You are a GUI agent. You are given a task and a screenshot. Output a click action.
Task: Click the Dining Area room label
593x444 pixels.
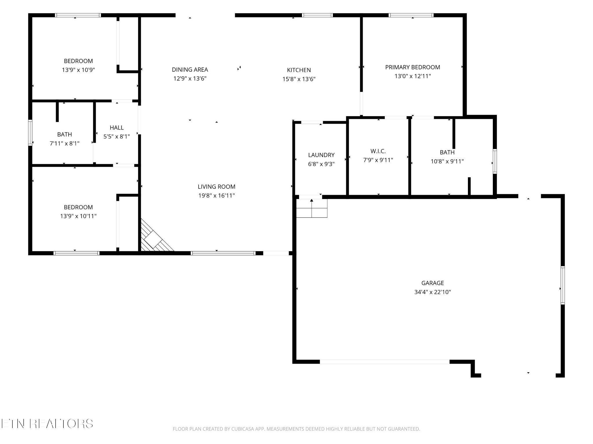tap(190, 70)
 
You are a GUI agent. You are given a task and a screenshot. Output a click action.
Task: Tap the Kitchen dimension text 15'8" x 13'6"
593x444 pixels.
tap(299, 79)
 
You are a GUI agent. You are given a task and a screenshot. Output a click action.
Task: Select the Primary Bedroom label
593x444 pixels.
tap(413, 67)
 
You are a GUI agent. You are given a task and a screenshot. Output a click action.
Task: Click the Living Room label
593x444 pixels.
tap(217, 187)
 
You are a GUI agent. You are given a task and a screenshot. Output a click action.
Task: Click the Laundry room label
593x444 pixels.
tap(321, 155)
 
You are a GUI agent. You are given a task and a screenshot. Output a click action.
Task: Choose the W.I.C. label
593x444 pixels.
tap(378, 151)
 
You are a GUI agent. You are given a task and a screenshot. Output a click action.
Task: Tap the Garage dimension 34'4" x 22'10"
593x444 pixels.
tap(433, 292)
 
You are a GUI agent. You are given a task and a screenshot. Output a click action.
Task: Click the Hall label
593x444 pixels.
tap(117, 128)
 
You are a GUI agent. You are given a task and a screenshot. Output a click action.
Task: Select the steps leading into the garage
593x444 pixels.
tap(312, 208)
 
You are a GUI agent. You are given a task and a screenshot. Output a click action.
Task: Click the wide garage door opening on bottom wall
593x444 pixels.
tap(385, 362)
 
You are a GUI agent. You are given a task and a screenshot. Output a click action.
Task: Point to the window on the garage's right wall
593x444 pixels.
tap(563, 285)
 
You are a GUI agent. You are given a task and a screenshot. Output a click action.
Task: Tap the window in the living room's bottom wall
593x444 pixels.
tap(223, 253)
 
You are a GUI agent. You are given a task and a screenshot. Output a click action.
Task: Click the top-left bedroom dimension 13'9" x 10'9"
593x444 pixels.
tap(78, 70)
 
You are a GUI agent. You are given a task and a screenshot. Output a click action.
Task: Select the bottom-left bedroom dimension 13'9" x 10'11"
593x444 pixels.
tap(78, 216)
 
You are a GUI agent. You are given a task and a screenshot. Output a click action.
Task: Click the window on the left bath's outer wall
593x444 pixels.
tap(30, 133)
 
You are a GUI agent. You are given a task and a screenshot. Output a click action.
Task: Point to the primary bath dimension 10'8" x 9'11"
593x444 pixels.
tap(447, 161)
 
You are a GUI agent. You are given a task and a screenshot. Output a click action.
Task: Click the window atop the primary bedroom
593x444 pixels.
tap(411, 15)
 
